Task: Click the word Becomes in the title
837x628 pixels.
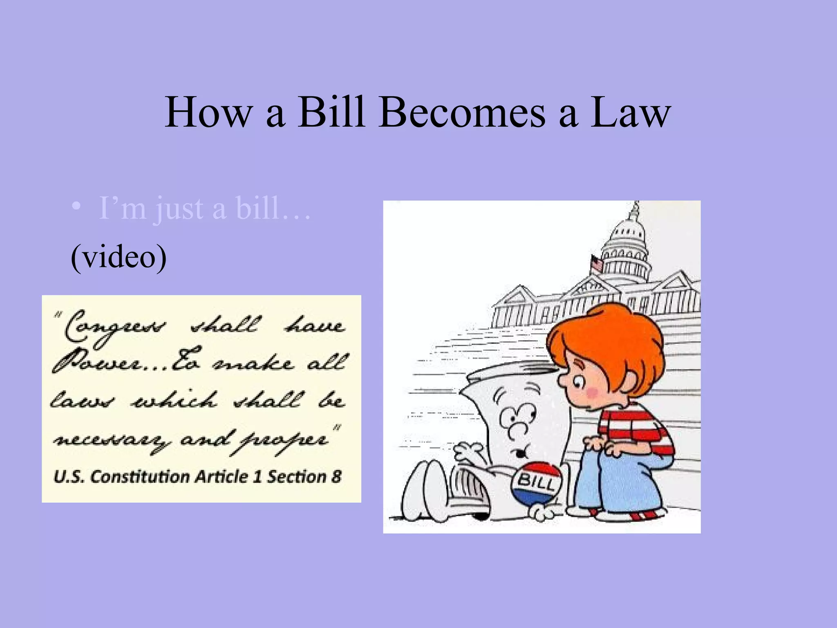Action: [x=462, y=112]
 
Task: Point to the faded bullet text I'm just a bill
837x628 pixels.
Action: [x=204, y=209]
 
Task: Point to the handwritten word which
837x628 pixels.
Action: [x=174, y=401]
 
